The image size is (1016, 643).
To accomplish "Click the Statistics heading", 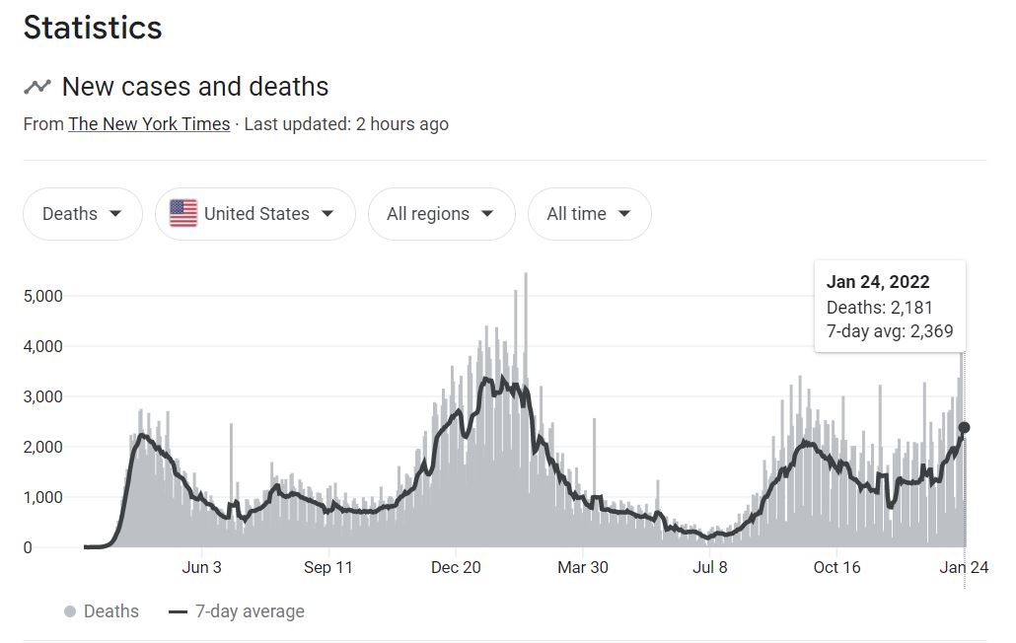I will [93, 28].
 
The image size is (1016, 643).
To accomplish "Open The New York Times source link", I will [149, 124].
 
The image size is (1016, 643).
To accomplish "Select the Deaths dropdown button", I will [83, 214].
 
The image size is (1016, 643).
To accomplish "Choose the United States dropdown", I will [255, 214].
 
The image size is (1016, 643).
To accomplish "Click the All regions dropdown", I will [441, 214].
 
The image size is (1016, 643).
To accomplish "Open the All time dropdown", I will [589, 214].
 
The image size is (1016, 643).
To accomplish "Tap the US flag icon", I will [183, 214].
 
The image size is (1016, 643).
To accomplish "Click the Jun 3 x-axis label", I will [201, 567].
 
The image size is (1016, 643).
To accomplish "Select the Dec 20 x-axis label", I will [456, 567].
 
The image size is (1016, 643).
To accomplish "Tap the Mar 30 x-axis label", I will [583, 567].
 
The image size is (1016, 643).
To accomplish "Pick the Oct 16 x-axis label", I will [837, 567].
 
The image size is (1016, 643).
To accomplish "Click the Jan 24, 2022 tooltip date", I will [878, 282].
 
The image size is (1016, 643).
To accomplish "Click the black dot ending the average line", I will [965, 428].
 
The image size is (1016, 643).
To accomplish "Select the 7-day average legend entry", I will [237, 611].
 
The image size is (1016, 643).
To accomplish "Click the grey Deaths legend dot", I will [70, 611].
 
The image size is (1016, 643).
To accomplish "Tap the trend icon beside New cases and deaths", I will [37, 87].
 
